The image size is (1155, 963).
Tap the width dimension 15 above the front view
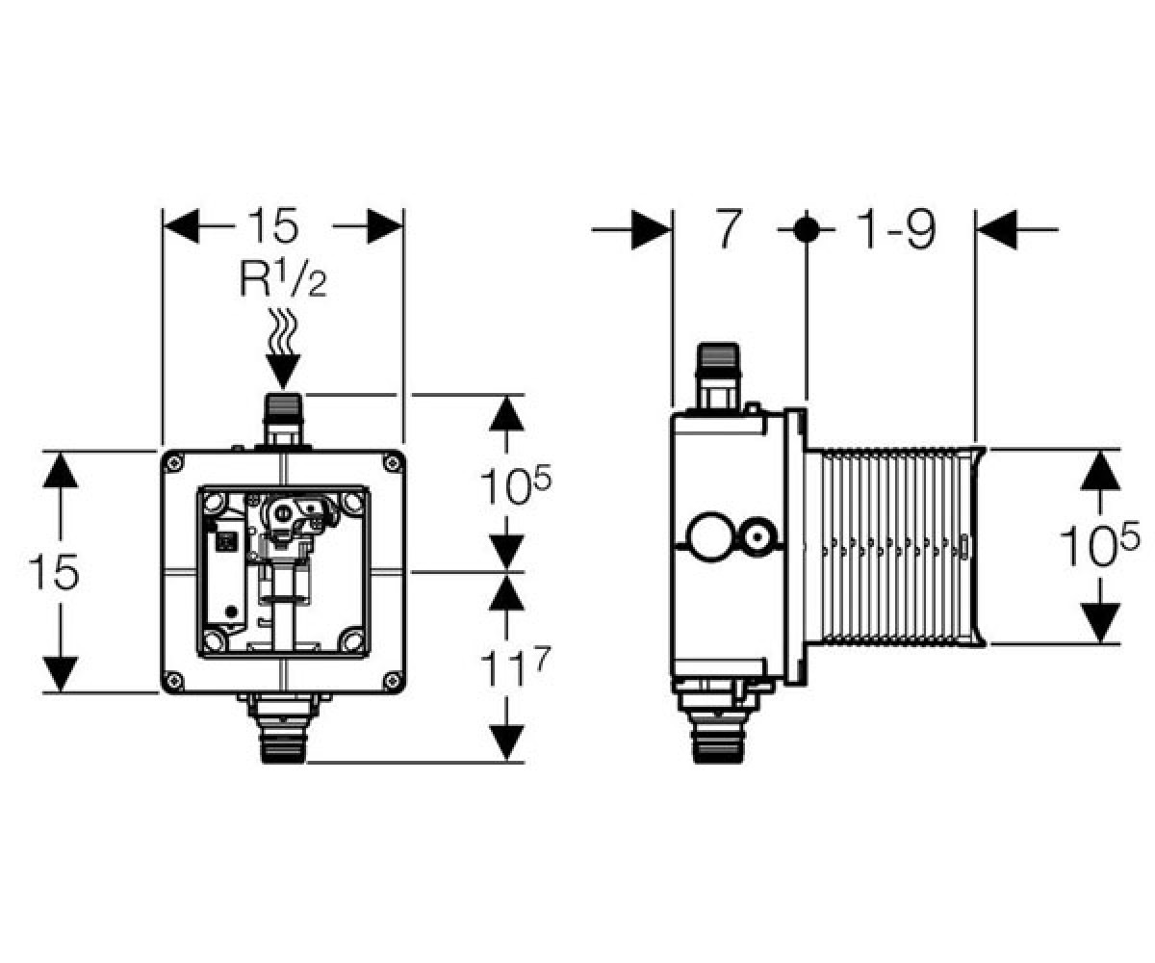coord(273,225)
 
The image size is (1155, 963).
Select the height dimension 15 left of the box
coord(54,572)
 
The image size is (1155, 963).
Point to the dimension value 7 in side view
coord(728,228)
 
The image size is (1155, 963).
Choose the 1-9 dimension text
coord(895,228)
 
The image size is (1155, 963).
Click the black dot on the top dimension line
coord(806,228)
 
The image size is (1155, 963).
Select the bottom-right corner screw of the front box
coord(392,679)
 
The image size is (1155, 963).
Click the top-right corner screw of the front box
coord(392,462)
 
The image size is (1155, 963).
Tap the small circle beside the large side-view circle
coord(759,536)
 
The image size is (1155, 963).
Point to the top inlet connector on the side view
coord(719,377)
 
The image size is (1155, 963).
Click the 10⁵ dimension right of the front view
coord(515,484)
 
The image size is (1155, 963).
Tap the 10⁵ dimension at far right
coord(1098,546)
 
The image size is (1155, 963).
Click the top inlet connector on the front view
coord(283,421)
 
